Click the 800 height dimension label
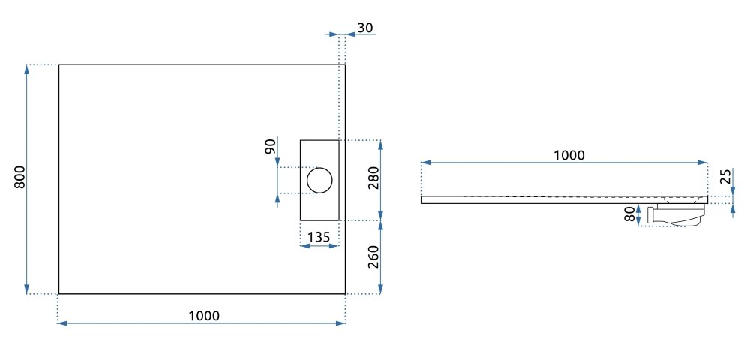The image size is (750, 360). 20,177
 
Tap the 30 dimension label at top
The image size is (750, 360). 365,28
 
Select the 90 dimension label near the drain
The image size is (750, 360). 270,145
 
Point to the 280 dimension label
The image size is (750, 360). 373,178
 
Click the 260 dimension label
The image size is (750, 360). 373,257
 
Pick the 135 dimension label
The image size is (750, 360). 318,237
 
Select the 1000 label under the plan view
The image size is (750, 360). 204,316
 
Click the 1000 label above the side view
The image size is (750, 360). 569,155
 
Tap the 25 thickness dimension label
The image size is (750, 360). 725,176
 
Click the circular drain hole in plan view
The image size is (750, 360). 319,180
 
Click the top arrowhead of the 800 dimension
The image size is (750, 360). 27,69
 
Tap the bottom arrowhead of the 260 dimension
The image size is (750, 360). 380,289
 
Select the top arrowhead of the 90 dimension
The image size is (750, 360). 278,163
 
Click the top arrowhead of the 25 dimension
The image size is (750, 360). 733,192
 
